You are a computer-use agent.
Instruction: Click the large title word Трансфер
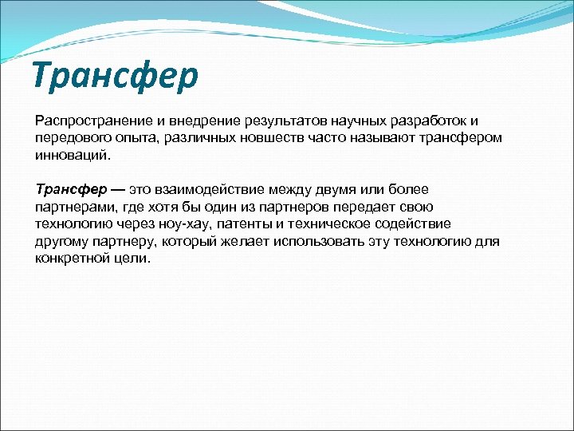(116, 75)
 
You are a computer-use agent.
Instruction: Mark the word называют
(370, 138)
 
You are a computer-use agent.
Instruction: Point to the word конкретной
(73, 259)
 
